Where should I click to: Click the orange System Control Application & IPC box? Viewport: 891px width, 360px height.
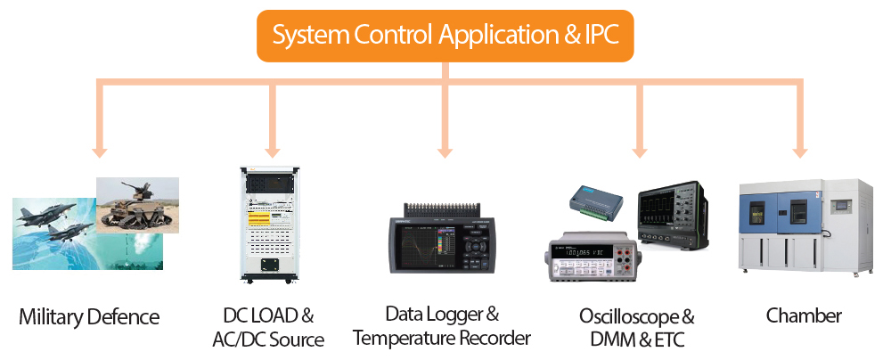(x=445, y=36)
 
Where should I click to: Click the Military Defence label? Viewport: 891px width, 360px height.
(x=89, y=316)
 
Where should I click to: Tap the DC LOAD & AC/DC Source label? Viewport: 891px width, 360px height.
(x=268, y=327)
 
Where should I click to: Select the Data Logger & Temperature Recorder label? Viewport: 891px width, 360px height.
(x=442, y=326)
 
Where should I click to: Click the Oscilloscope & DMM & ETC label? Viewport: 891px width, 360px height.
(x=636, y=327)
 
